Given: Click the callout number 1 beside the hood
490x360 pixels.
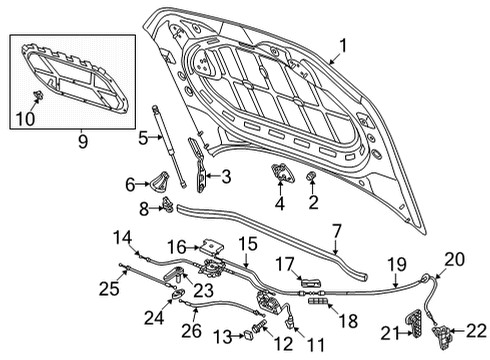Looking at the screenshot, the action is (343, 46).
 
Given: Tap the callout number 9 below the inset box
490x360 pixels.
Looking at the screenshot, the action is (83, 141).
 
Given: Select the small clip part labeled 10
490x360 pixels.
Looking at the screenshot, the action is (39, 95).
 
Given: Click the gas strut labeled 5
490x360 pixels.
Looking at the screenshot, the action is (169, 147).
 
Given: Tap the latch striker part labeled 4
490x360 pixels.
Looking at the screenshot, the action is (282, 172).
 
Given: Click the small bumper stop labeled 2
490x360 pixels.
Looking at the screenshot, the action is (311, 176).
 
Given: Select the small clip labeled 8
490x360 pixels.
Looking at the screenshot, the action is (167, 205).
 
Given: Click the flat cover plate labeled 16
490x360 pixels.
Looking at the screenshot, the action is (212, 247).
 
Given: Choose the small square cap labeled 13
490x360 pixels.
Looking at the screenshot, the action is (249, 334).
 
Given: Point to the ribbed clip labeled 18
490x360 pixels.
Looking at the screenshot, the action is (318, 301).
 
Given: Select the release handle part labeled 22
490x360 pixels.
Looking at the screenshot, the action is (440, 337).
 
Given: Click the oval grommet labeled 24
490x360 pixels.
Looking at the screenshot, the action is (177, 293).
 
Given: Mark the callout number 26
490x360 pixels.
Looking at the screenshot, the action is (191, 330).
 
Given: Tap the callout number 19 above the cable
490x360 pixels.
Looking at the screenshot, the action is (397, 264).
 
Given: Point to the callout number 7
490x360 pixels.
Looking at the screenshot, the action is (337, 231).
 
